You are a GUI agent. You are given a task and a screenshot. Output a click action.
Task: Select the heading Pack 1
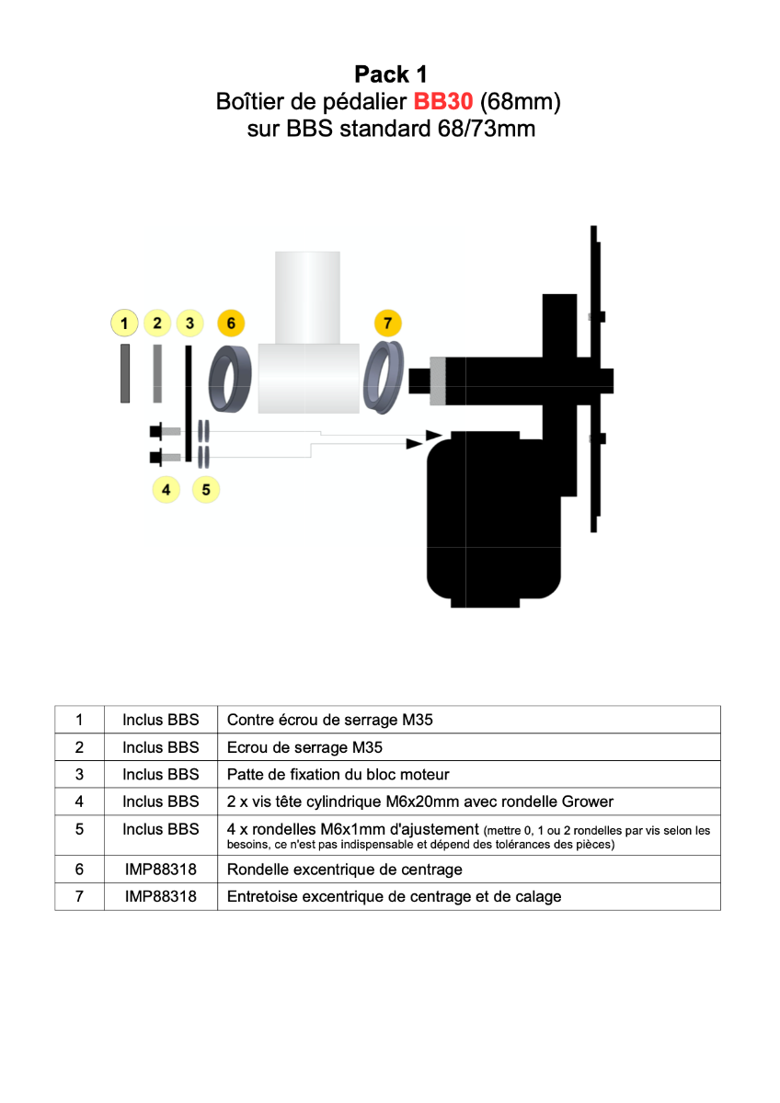pyautogui.click(x=390, y=74)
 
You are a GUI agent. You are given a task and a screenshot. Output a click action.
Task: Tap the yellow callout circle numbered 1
pyautogui.click(x=124, y=324)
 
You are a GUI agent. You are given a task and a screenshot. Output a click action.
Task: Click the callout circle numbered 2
pyautogui.click(x=157, y=324)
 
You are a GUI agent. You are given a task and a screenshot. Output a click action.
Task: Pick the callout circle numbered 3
pyautogui.click(x=189, y=324)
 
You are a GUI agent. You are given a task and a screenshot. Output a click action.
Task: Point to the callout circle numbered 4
pyautogui.click(x=166, y=490)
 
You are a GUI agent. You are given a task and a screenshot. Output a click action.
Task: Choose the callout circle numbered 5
pyautogui.click(x=206, y=490)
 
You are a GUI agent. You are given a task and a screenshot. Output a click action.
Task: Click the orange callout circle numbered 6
pyautogui.click(x=231, y=324)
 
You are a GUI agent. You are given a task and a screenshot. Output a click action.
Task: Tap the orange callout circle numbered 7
pyautogui.click(x=388, y=324)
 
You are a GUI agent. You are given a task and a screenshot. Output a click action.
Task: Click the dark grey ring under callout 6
pyautogui.click(x=231, y=380)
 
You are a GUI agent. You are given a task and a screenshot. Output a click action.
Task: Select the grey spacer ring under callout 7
pyautogui.click(x=386, y=378)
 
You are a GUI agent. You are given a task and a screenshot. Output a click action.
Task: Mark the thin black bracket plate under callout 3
pyautogui.click(x=189, y=404)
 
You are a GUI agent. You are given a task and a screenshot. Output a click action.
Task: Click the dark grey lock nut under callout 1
pyautogui.click(x=124, y=373)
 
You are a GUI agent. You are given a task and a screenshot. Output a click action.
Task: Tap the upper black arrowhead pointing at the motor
pyautogui.click(x=433, y=435)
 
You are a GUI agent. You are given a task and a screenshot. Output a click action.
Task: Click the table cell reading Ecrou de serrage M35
pyautogui.click(x=304, y=747)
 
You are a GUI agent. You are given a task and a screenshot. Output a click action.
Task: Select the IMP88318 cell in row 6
pyautogui.click(x=161, y=870)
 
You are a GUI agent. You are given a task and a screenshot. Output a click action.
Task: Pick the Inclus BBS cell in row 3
pyautogui.click(x=161, y=774)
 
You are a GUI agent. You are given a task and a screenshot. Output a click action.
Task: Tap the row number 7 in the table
pyautogui.click(x=79, y=896)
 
